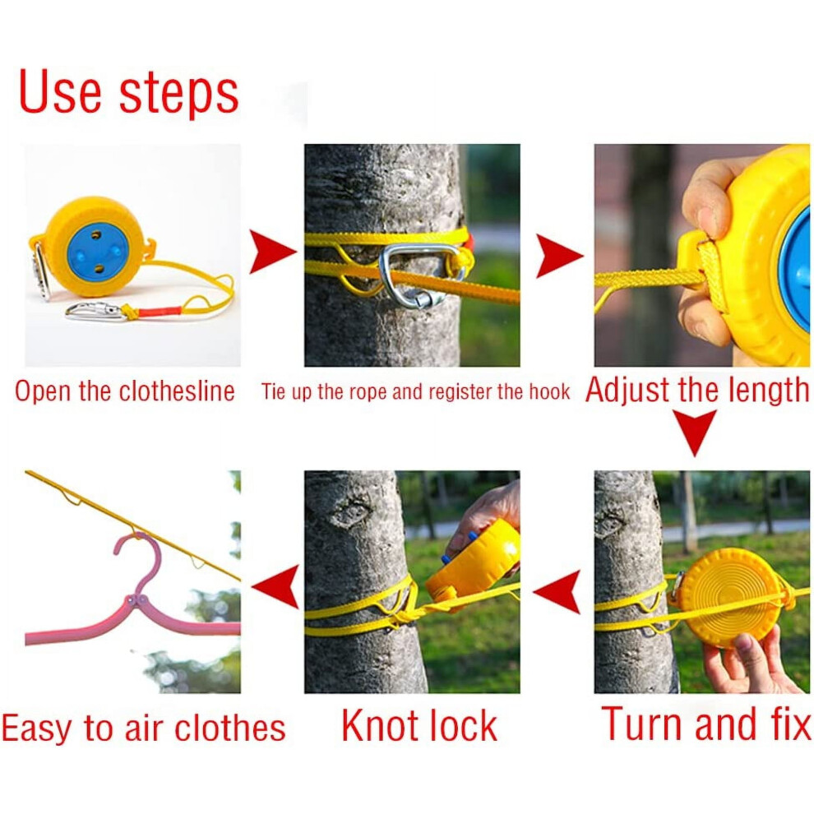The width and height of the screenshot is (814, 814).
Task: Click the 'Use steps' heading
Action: (x=128, y=92)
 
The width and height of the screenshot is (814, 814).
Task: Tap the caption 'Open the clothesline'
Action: (x=125, y=391)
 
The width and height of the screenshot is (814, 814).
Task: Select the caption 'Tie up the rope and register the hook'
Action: (x=415, y=392)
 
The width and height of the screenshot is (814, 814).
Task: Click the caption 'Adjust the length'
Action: (x=697, y=390)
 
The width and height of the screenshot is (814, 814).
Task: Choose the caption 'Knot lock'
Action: (x=419, y=726)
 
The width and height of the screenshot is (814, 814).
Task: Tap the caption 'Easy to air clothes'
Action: (x=143, y=728)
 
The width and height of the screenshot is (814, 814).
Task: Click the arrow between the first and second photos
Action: (x=272, y=252)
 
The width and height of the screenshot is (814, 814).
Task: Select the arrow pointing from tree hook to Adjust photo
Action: (x=558, y=256)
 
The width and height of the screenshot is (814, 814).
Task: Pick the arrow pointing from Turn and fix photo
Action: (x=557, y=591)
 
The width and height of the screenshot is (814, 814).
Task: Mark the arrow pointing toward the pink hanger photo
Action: (x=275, y=586)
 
